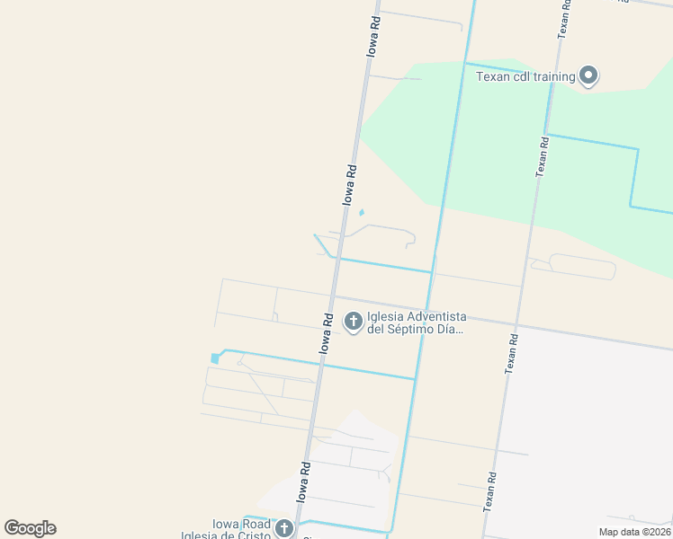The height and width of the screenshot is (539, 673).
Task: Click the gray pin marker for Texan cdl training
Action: click(x=588, y=75)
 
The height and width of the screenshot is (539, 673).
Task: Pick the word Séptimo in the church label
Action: click(x=412, y=329)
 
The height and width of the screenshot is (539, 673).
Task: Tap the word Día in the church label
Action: click(x=451, y=329)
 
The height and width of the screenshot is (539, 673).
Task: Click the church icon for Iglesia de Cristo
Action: click(x=284, y=528)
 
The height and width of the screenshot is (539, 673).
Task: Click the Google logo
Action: click(x=30, y=528)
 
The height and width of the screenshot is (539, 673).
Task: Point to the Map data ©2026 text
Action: click(x=633, y=532)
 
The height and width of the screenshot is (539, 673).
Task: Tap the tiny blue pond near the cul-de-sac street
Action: click(x=362, y=213)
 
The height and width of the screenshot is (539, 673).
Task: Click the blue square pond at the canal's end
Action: click(x=215, y=358)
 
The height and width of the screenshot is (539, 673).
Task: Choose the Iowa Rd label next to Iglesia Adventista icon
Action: click(x=328, y=332)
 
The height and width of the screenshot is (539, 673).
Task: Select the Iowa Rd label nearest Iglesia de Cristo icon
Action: click(x=304, y=482)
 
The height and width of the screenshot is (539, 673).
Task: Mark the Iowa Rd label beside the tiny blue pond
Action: click(x=350, y=184)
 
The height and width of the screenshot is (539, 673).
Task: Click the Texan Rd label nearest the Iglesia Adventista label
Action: click(x=512, y=353)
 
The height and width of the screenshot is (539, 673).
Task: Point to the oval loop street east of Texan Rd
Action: click(x=582, y=266)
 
